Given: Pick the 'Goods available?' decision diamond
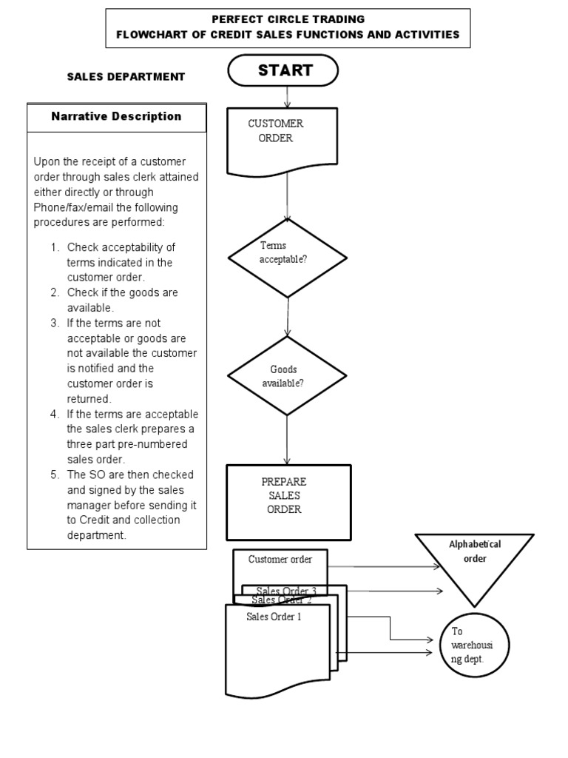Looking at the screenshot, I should click(x=287, y=376).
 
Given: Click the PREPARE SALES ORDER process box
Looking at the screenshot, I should click(x=288, y=502).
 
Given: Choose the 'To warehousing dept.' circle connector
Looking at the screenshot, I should click(x=475, y=645).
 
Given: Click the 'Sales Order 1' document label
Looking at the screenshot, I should click(x=274, y=616).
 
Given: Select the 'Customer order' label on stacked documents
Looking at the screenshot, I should click(x=280, y=560).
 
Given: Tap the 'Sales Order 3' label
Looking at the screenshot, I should click(x=285, y=590).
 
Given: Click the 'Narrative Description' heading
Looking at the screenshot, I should click(x=116, y=116).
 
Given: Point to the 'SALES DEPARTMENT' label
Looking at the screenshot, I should click(x=126, y=77).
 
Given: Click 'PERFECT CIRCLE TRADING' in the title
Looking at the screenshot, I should click(x=288, y=19).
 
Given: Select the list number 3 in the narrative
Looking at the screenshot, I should click(x=54, y=323).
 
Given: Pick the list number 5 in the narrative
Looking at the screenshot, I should click(x=54, y=474).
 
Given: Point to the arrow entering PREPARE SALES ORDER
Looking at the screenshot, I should click(x=287, y=440).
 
